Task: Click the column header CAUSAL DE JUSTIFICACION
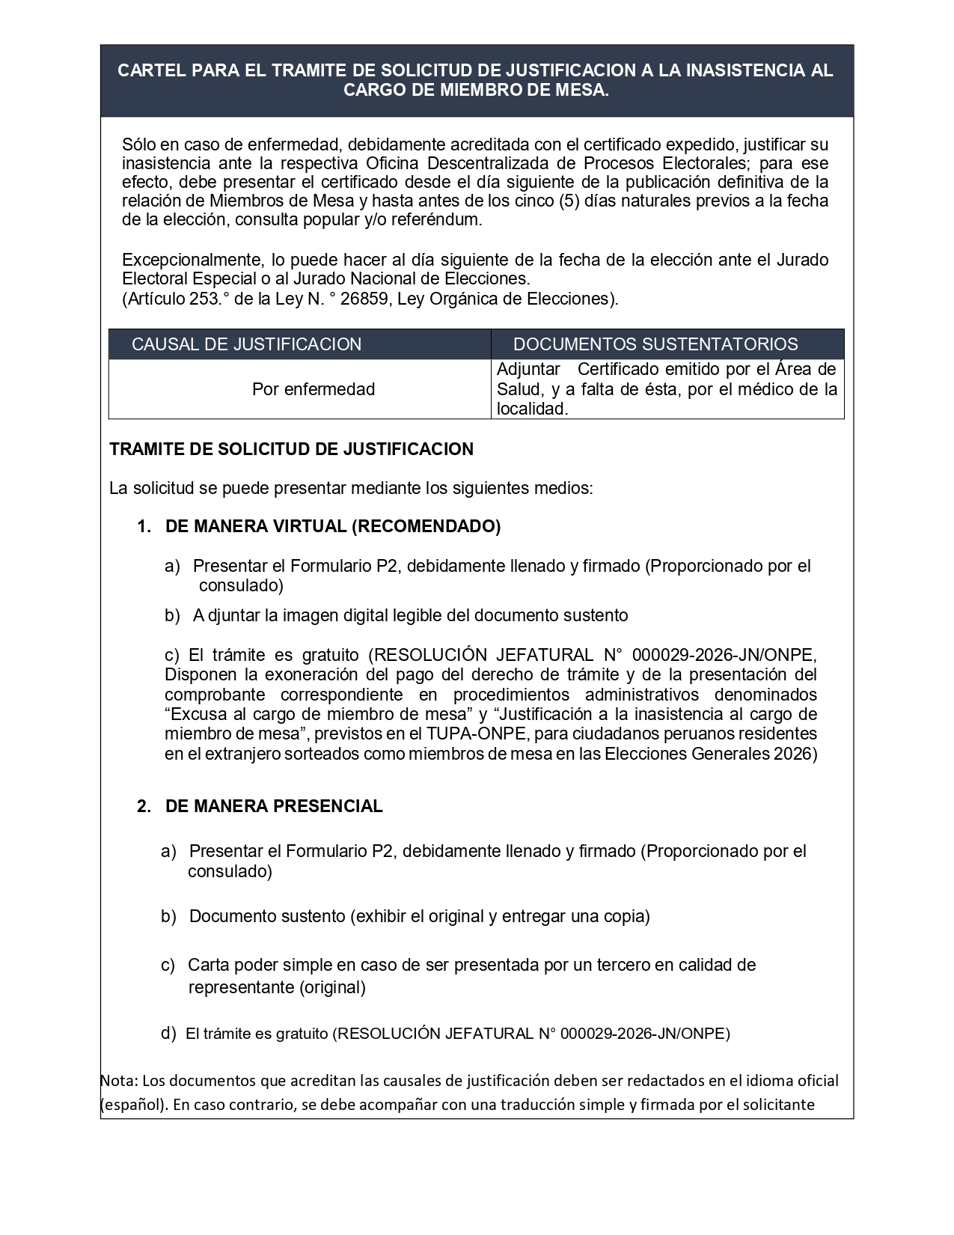246,344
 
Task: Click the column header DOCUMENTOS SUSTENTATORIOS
655,344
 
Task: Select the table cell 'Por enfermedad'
314,389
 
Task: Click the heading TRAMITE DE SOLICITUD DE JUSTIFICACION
291,449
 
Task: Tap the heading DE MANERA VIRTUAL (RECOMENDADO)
333,526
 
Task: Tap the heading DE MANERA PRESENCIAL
274,806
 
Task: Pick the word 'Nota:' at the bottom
119,1081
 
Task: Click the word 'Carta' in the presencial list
209,965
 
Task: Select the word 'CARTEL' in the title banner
153,70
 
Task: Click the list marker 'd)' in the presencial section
168,1034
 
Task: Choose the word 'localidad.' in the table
532,409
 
